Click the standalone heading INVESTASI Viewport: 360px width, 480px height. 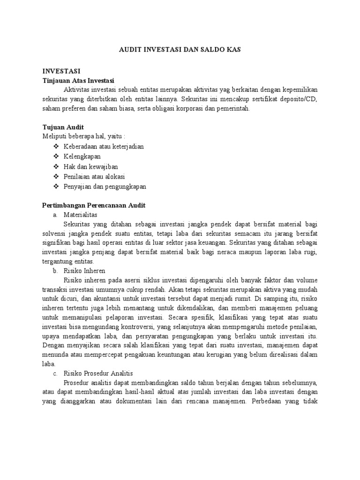click(x=61, y=72)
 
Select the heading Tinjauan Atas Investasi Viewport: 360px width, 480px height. click(x=78, y=81)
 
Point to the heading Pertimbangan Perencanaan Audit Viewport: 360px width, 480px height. click(x=94, y=205)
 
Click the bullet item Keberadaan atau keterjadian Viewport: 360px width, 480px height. click(x=104, y=146)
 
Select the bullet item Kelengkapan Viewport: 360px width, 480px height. click(x=82, y=156)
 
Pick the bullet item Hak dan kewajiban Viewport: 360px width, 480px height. click(x=91, y=166)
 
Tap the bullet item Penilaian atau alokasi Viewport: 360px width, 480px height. click(x=94, y=176)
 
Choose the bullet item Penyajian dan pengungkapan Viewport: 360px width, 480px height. click(x=105, y=186)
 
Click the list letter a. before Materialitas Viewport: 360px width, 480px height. click(x=55, y=214)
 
